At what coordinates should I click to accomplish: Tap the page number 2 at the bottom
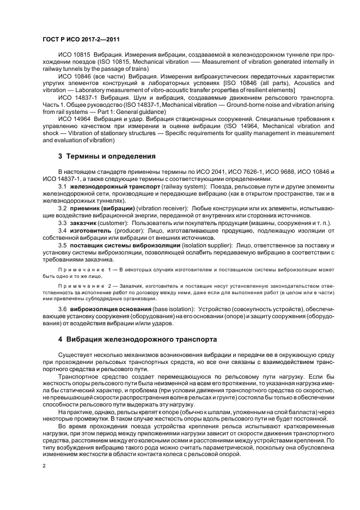(44, 466)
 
